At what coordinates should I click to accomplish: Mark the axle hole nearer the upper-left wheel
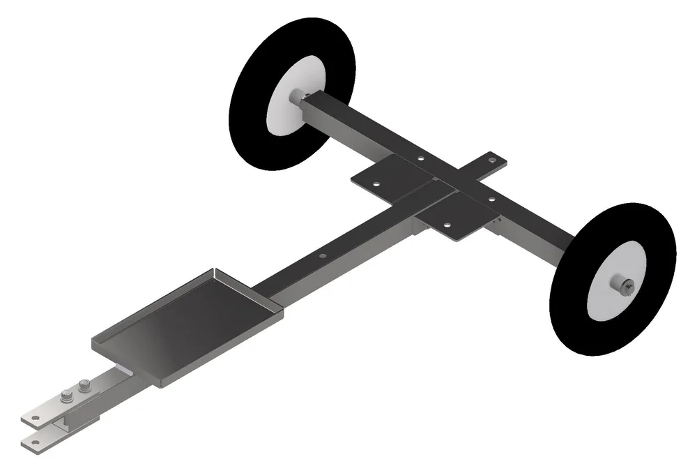[420, 159]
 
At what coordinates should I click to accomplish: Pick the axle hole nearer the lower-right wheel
[491, 200]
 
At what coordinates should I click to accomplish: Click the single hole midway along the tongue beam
[322, 256]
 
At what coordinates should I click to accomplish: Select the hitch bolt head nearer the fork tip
[68, 398]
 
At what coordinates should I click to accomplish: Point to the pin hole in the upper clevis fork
[33, 420]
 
